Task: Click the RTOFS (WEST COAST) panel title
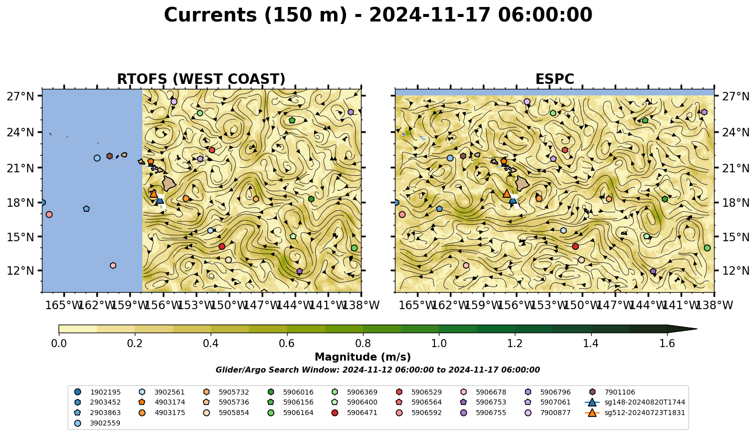tap(201, 79)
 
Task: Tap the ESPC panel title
tap(554, 79)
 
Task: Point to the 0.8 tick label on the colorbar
tap(363, 344)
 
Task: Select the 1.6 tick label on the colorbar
tap(667, 344)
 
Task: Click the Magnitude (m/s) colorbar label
tap(363, 357)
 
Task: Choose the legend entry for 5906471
tap(355, 413)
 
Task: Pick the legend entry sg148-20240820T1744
tap(635, 402)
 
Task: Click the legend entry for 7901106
tap(613, 392)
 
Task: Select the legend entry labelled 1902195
tap(97, 392)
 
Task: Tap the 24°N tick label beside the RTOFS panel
tap(20, 132)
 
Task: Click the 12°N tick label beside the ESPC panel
tap(736, 271)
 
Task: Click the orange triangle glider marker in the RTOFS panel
tap(154, 193)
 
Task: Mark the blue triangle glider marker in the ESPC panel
tap(513, 200)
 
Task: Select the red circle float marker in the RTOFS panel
tap(222, 247)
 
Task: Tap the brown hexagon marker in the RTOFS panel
tap(109, 156)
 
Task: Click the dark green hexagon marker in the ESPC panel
tap(665, 199)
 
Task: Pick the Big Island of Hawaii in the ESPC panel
tap(522, 184)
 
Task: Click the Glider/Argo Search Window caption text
tap(378, 370)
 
